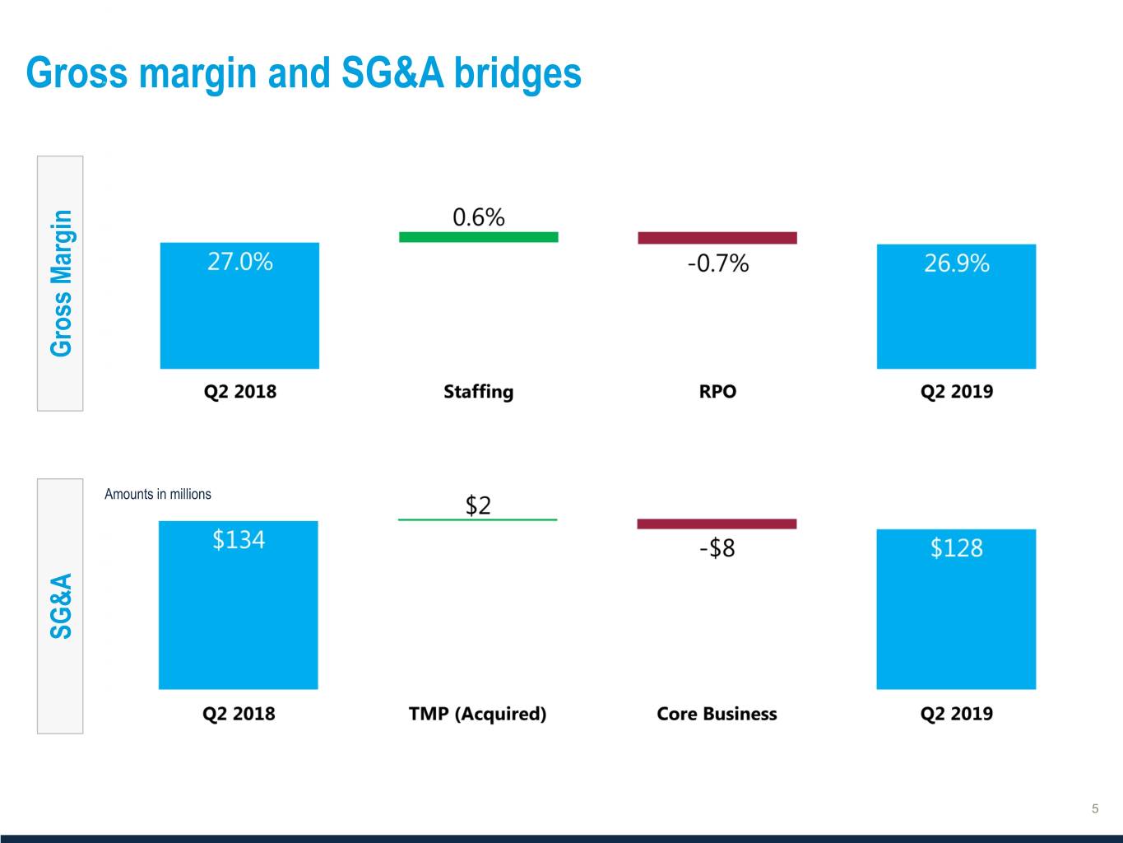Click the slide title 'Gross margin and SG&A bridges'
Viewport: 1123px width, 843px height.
(304, 72)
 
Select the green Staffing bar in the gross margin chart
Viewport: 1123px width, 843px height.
(478, 237)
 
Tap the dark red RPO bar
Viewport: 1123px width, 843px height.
(717, 238)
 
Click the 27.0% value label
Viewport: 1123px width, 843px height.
(239, 262)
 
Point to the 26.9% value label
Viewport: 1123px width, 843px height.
(956, 263)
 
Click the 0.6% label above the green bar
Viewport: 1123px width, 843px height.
(478, 217)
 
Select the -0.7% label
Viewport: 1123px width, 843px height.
(717, 263)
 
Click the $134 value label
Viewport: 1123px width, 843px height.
(239, 539)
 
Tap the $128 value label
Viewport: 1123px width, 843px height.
(956, 548)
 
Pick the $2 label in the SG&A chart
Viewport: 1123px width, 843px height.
(478, 505)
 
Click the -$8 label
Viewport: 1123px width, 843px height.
(717, 547)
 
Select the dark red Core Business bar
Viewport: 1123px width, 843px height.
(717, 524)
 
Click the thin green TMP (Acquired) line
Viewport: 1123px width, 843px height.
(477, 519)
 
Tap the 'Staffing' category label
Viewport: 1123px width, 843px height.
(478, 391)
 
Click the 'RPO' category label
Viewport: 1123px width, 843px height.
(717, 391)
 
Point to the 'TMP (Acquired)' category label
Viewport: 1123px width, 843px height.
(477, 714)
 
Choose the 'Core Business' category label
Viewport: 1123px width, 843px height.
(717, 714)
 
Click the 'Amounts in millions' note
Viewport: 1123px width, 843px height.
(158, 494)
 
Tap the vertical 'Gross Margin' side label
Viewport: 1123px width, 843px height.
(61, 283)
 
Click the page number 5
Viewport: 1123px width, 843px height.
(1094, 808)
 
